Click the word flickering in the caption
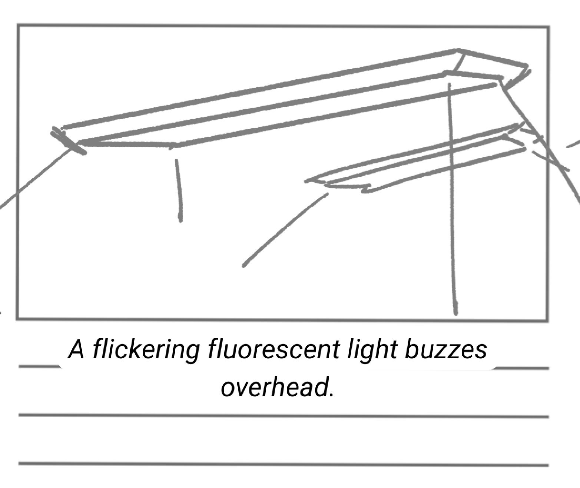tap(146, 350)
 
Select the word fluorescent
tap(274, 350)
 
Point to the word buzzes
tap(445, 350)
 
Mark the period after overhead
tap(331, 394)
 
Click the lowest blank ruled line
tap(284, 464)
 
